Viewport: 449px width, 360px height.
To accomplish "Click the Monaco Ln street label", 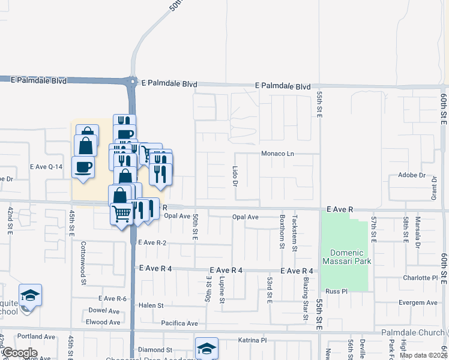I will coord(277,154).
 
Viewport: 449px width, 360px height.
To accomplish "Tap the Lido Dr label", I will coord(235,176).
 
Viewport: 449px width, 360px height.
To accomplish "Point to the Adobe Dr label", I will coord(411,176).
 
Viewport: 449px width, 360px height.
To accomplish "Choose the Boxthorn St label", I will coord(282,231).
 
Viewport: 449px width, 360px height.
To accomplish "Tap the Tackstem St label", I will coord(294,231).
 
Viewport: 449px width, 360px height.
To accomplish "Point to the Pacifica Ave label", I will coord(179,323).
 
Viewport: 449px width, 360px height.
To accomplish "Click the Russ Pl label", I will coord(337,292).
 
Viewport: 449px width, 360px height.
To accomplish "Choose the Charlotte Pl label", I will coord(420,278).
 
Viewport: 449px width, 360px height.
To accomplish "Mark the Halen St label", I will coord(151,305).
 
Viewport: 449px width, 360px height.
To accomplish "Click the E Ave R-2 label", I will coord(152,242).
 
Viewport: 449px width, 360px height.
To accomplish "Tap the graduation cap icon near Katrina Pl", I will coord(206,348).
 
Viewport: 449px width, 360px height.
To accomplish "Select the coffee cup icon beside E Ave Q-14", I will coord(83,166).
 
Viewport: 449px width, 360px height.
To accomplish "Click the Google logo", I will coord(19,353).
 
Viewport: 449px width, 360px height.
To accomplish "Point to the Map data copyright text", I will coord(423,355).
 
